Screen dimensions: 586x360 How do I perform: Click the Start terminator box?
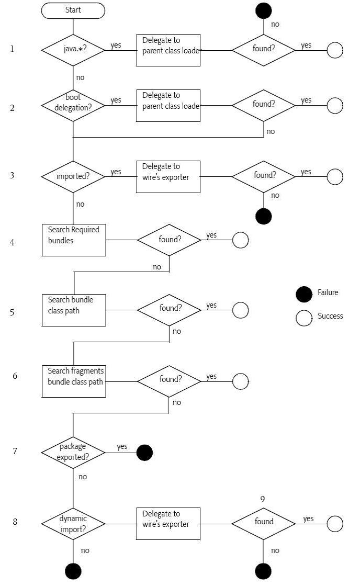click(x=73, y=10)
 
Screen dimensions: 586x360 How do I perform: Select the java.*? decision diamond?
click(x=73, y=50)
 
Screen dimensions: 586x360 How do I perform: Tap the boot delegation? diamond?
click(x=73, y=105)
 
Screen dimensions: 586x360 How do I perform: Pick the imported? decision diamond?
click(x=73, y=176)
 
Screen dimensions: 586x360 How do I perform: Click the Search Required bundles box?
click(x=74, y=240)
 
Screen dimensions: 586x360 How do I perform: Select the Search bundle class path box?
click(x=74, y=310)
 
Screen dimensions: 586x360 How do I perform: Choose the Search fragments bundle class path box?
click(x=74, y=381)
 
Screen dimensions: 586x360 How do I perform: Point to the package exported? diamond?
click(x=73, y=452)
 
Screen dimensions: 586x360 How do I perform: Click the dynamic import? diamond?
click(x=73, y=523)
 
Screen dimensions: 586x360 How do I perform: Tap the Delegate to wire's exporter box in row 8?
click(x=168, y=523)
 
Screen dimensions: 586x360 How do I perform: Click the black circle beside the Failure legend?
click(x=304, y=295)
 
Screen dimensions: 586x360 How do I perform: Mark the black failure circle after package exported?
click(x=145, y=453)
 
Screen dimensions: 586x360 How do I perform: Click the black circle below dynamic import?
click(x=73, y=571)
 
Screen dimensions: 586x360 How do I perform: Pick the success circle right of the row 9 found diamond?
click(x=335, y=523)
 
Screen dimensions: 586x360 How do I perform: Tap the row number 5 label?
click(x=12, y=312)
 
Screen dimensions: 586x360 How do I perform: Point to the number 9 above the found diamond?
click(x=262, y=499)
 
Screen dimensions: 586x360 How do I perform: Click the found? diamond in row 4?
click(x=169, y=240)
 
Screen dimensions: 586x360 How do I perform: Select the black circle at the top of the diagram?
click(x=264, y=9)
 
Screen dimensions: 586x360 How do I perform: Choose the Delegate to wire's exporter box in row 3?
click(x=168, y=177)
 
